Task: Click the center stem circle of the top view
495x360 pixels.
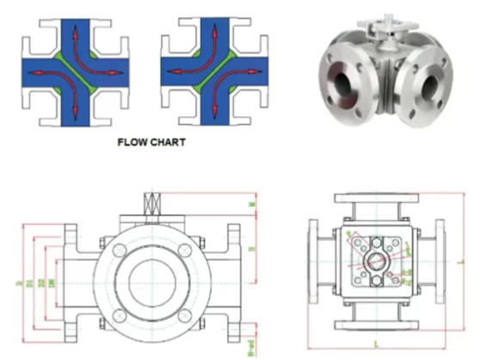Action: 375,259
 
